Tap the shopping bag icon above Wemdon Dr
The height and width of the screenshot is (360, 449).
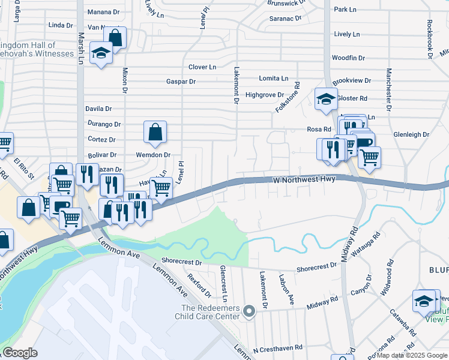click(x=155, y=133)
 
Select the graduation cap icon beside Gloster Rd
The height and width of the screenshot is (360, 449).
click(x=325, y=99)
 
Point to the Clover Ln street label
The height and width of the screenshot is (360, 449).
click(x=202, y=67)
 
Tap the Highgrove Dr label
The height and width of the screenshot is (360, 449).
click(x=265, y=95)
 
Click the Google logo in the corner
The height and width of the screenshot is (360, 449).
click(x=20, y=353)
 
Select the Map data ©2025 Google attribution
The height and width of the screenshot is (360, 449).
click(x=412, y=355)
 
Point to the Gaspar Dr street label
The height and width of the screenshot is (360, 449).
click(x=181, y=82)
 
